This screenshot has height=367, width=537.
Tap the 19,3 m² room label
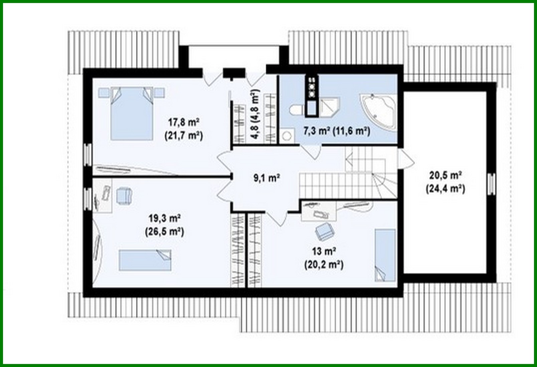tap(165, 219)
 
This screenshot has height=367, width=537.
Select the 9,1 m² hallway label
tap(266, 178)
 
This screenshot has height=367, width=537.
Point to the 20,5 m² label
tap(445, 175)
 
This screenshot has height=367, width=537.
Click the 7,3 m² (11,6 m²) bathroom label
tap(336, 131)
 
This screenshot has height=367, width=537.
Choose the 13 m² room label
tap(324, 251)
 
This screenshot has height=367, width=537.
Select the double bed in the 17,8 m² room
tap(132, 114)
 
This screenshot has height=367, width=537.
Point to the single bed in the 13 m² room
tap(385, 254)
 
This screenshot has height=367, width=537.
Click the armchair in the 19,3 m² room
tap(124, 195)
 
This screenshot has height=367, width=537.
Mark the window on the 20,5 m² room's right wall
tap(491, 184)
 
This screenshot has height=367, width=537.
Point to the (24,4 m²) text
tap(445, 189)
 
